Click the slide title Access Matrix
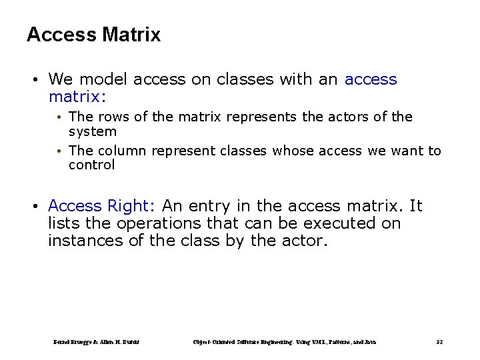93,35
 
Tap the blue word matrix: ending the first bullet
77,97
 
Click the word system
92,132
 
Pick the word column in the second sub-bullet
121,151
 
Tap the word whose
293,151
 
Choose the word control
91,165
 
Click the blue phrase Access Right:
103,207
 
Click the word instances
85,241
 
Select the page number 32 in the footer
439,343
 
